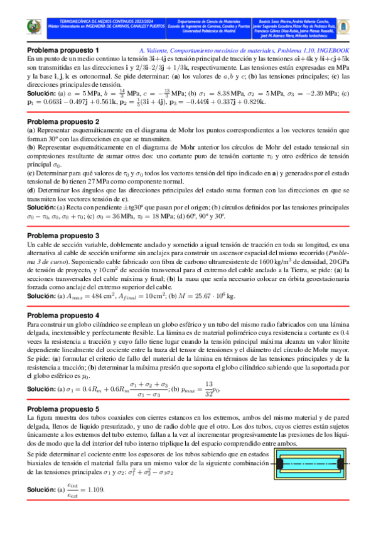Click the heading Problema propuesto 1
tap(63, 50)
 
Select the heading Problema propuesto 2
tap(63, 121)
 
